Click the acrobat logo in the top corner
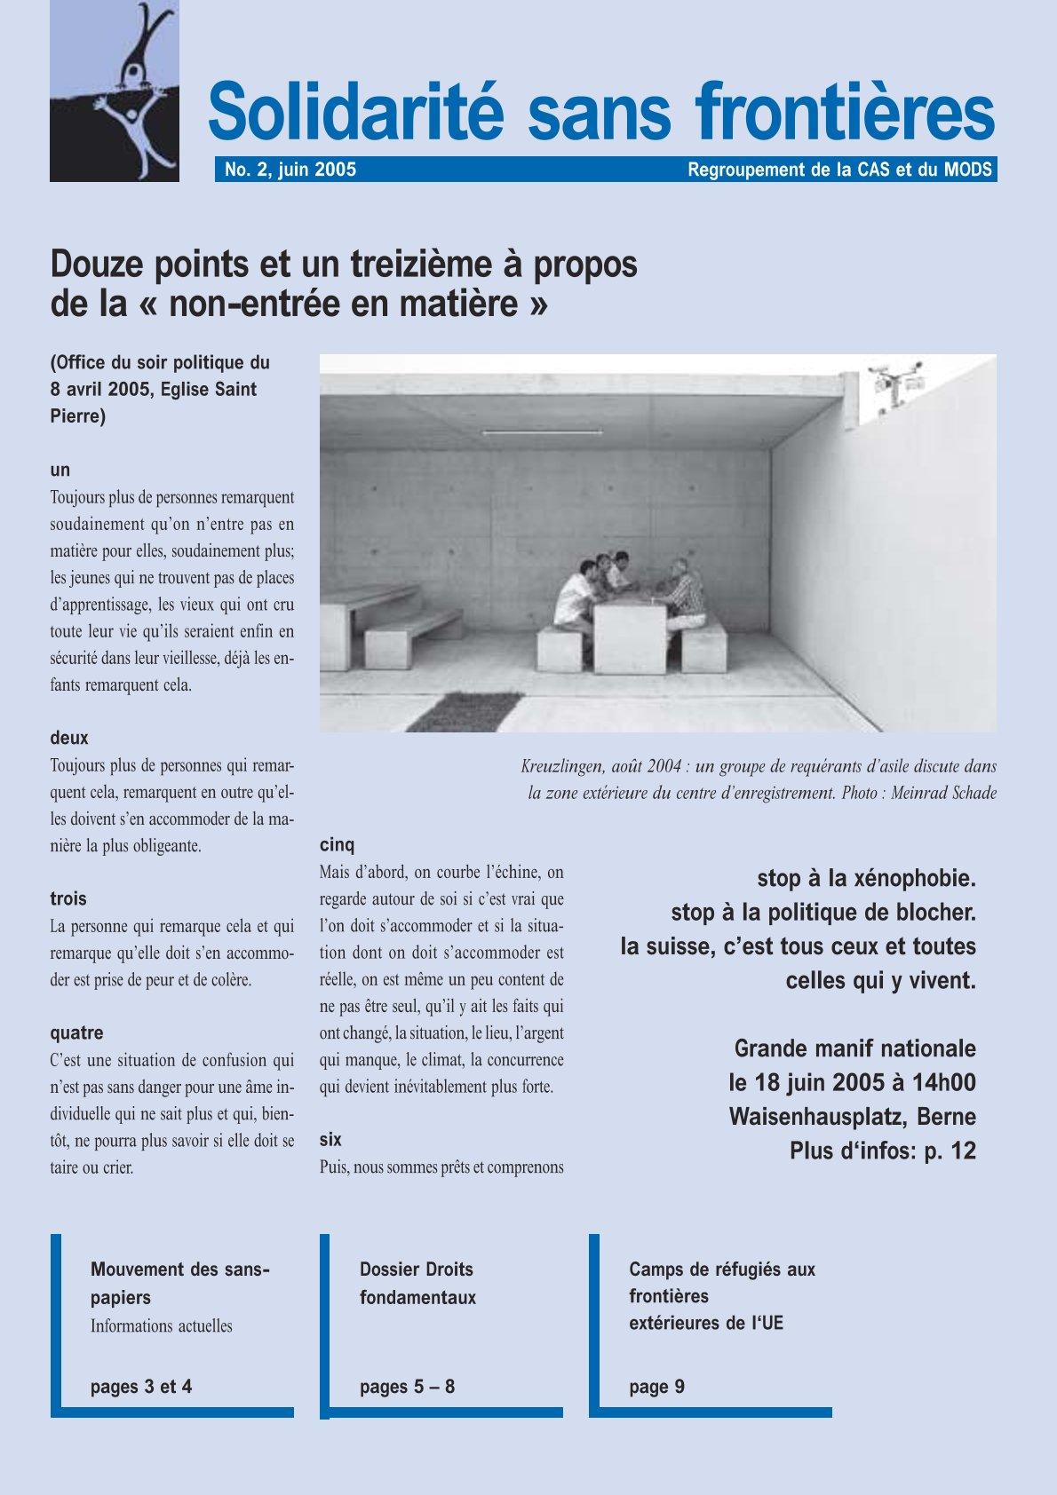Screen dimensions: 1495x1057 115,91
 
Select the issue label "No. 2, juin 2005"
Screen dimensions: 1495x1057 290,170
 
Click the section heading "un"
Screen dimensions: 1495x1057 60,470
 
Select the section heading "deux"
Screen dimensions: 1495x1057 68,738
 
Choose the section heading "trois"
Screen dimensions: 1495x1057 68,898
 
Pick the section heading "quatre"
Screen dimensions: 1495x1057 76,1032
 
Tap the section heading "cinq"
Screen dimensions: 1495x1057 337,844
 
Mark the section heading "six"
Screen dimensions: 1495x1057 330,1139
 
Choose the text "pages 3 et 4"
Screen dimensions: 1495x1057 141,1386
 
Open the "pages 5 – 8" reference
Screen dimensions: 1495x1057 407,1386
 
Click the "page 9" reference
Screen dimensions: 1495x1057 656,1386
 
